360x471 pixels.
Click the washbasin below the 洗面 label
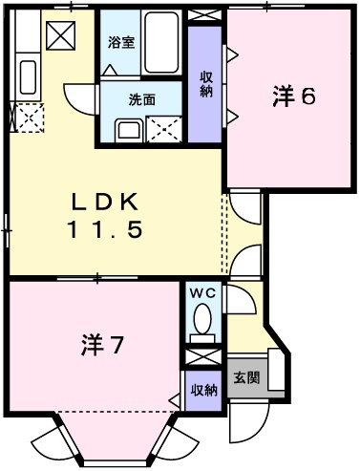126,131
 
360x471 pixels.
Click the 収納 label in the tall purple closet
205,83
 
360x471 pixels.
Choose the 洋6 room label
293,97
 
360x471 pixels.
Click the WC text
201,293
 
